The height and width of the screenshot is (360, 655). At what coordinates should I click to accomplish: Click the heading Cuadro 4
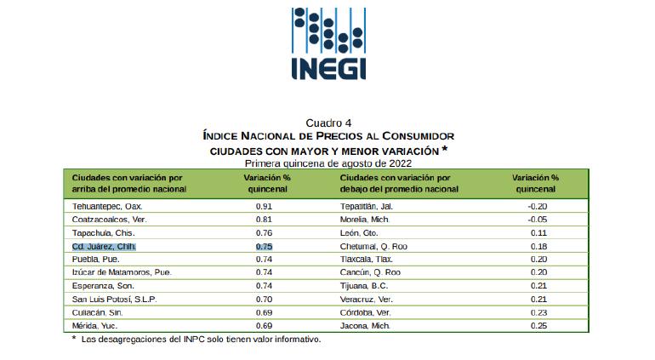(327, 123)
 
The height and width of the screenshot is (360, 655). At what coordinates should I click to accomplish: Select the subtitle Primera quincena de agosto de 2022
(327, 162)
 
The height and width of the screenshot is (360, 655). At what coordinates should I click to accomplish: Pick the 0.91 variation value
(265, 206)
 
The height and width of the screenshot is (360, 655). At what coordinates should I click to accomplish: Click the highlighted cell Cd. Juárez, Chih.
(104, 246)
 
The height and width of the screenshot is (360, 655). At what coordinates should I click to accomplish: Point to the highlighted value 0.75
(265, 246)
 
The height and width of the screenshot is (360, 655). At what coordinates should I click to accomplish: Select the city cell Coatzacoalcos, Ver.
(108, 219)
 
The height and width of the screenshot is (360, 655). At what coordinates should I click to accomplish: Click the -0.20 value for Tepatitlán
(537, 206)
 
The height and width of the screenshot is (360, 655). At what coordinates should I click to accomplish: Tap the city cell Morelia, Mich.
(364, 219)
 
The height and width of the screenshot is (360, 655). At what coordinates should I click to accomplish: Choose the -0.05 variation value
(537, 219)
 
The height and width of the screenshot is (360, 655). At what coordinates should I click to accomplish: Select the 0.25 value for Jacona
(537, 326)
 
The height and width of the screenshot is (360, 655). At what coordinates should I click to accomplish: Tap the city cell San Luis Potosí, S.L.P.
(114, 299)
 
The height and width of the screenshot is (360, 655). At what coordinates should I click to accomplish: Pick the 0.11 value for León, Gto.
(537, 232)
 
